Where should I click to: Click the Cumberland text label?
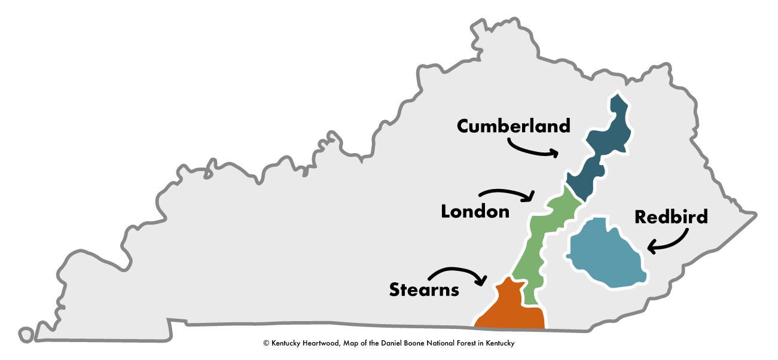[x=513, y=126]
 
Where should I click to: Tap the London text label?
[x=475, y=211]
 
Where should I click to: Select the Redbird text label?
[x=671, y=216]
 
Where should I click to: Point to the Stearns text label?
[x=424, y=290]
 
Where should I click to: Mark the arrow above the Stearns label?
[x=457, y=273]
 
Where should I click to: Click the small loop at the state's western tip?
[x=25, y=334]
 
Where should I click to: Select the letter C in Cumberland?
[x=464, y=127]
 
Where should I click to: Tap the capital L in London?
[x=446, y=211]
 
